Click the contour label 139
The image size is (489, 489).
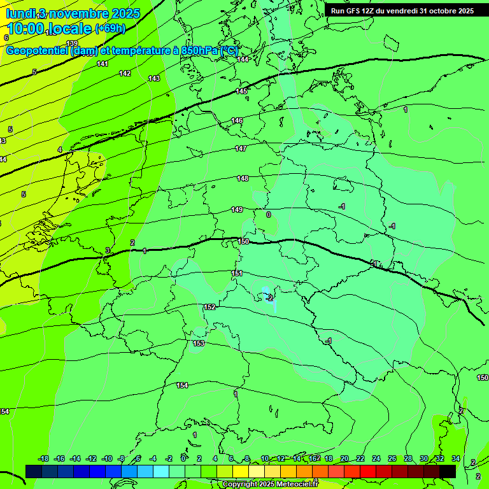pyautogui.click(x=72, y=44)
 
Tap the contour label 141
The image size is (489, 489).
pyautogui.click(x=103, y=64)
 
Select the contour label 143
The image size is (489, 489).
pyautogui.click(x=154, y=78)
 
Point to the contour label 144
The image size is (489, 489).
pyautogui.click(x=243, y=59)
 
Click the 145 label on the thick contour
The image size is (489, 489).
pyautogui.click(x=241, y=92)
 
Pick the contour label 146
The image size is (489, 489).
pyautogui.click(x=237, y=120)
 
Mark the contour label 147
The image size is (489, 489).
pyautogui.click(x=241, y=148)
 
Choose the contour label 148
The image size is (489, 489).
pyautogui.click(x=243, y=178)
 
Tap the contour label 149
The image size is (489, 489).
pyautogui.click(x=237, y=209)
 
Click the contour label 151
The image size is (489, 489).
pyautogui.click(x=237, y=273)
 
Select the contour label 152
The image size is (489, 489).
pyautogui.click(x=209, y=307)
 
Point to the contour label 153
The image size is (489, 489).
pyautogui.click(x=199, y=343)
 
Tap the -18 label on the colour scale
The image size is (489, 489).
pyautogui.click(x=43, y=458)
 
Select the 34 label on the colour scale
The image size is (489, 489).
pyautogui.click(x=456, y=458)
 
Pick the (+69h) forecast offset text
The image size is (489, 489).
pyautogui.click(x=110, y=29)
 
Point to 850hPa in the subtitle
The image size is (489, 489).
pyautogui.click(x=199, y=50)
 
